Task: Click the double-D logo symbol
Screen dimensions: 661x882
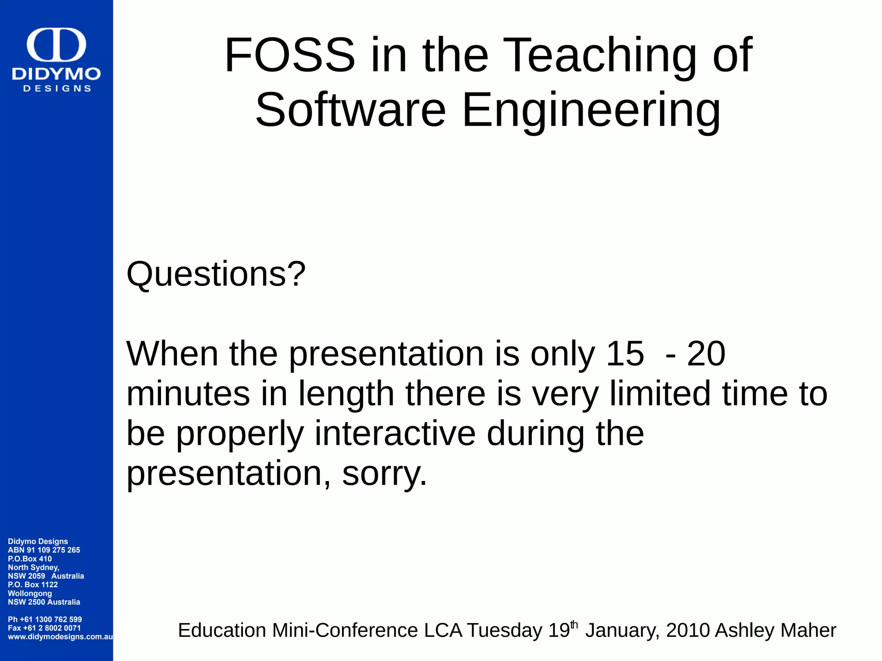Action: click(56, 45)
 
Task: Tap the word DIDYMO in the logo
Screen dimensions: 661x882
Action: click(56, 74)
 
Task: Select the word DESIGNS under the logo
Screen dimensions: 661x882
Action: click(57, 89)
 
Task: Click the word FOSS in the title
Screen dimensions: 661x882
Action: click(290, 55)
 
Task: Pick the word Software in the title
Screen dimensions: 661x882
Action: click(351, 110)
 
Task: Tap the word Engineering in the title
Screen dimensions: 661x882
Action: click(591, 110)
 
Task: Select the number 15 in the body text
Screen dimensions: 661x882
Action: click(624, 354)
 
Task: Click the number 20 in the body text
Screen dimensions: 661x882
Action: click(706, 354)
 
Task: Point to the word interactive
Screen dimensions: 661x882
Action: click(395, 433)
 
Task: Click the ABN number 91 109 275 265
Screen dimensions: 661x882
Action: click(53, 550)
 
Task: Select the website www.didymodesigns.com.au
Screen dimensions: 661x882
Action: click(60, 636)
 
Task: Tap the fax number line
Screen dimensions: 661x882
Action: click(44, 628)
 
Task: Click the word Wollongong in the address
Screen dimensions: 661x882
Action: click(30, 593)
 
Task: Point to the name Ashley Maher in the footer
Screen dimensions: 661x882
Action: click(775, 630)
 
